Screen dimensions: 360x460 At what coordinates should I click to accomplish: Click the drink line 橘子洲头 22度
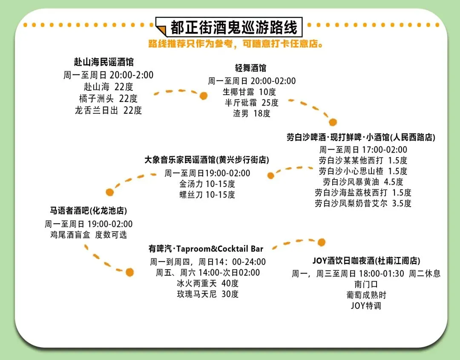[x=108, y=98]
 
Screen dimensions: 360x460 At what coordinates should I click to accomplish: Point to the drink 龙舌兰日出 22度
[x=108, y=110]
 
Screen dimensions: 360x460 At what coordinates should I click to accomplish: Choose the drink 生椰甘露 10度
[x=249, y=92]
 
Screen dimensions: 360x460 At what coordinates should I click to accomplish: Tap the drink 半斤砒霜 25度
[x=251, y=103]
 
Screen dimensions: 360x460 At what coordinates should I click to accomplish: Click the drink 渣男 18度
[x=251, y=113]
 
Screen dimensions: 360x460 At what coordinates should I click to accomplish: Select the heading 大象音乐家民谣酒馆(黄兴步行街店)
[x=207, y=160]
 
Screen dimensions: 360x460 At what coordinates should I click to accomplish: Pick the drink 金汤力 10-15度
[x=207, y=184]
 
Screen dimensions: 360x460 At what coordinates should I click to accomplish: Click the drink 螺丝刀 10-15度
[x=207, y=195]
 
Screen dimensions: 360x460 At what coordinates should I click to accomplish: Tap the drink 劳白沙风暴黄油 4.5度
[x=363, y=182]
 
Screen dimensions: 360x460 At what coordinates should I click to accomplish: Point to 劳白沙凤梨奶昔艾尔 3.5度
[x=363, y=203]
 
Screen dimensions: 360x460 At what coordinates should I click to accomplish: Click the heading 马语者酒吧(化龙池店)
[x=88, y=211]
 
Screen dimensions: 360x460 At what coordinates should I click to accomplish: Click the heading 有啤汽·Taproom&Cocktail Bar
[x=206, y=249]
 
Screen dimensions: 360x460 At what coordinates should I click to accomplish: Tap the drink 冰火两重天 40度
[x=207, y=283]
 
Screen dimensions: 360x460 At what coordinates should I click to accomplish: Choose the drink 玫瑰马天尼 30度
[x=207, y=294]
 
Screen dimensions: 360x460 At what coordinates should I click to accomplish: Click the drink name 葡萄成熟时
[x=366, y=295]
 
